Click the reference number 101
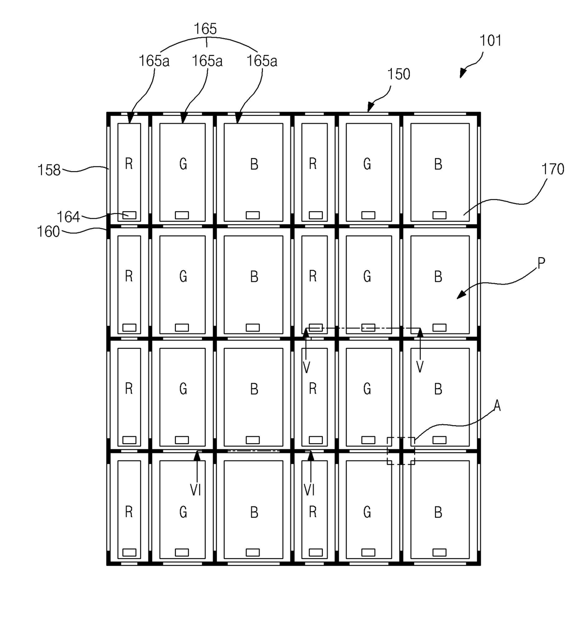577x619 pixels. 490,41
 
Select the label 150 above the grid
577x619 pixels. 399,74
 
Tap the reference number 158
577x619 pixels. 49,170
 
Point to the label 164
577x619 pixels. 68,217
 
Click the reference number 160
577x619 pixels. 48,232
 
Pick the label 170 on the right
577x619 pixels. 553,169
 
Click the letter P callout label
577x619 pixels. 541,263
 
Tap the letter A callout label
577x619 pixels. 497,406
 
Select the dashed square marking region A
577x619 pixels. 401,451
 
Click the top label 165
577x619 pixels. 205,29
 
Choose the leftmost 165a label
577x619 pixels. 154,61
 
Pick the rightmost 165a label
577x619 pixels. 262,61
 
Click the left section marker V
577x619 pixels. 306,367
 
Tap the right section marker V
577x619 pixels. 420,367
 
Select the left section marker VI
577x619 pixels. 195,490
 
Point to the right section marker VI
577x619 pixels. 309,490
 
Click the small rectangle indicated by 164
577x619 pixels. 129,215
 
